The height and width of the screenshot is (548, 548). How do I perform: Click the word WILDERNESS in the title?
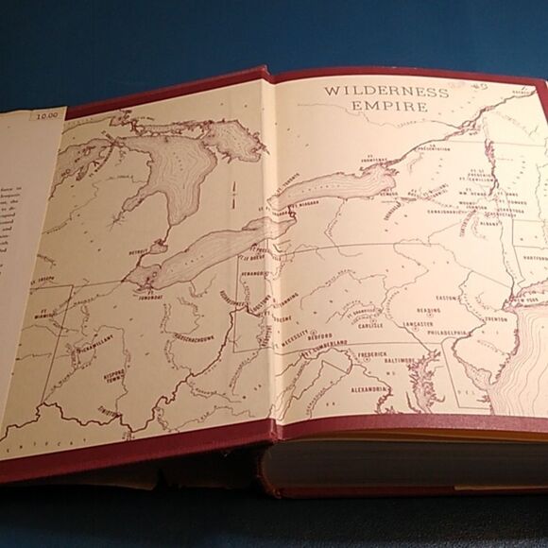click(x=373, y=91)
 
